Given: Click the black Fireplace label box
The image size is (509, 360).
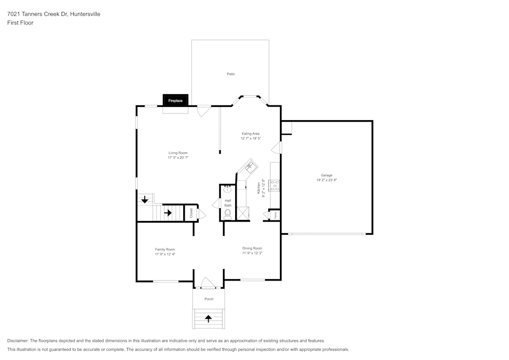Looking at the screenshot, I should (176, 101).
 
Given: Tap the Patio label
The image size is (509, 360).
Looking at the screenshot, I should (231, 74).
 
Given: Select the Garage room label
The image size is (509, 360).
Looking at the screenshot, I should (326, 175).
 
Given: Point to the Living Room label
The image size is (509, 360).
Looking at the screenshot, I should (178, 153).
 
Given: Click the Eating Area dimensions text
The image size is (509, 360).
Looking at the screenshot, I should (250, 139).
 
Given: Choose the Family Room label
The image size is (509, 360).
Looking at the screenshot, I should (165, 250).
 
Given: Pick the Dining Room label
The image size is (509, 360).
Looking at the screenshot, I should (252, 248).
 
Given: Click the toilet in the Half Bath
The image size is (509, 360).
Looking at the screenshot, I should (228, 214).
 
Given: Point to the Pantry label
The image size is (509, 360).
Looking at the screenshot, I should (275, 215).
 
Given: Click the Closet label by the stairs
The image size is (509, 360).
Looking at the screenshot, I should (191, 213).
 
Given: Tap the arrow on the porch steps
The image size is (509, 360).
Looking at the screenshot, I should (208, 319).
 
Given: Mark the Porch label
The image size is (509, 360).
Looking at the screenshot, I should (209, 299).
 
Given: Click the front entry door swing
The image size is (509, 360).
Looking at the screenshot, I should (208, 283).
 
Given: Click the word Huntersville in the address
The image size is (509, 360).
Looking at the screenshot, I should (86, 14).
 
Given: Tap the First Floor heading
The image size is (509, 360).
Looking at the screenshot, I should (20, 23).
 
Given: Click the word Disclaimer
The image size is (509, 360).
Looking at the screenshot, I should (18, 341).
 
